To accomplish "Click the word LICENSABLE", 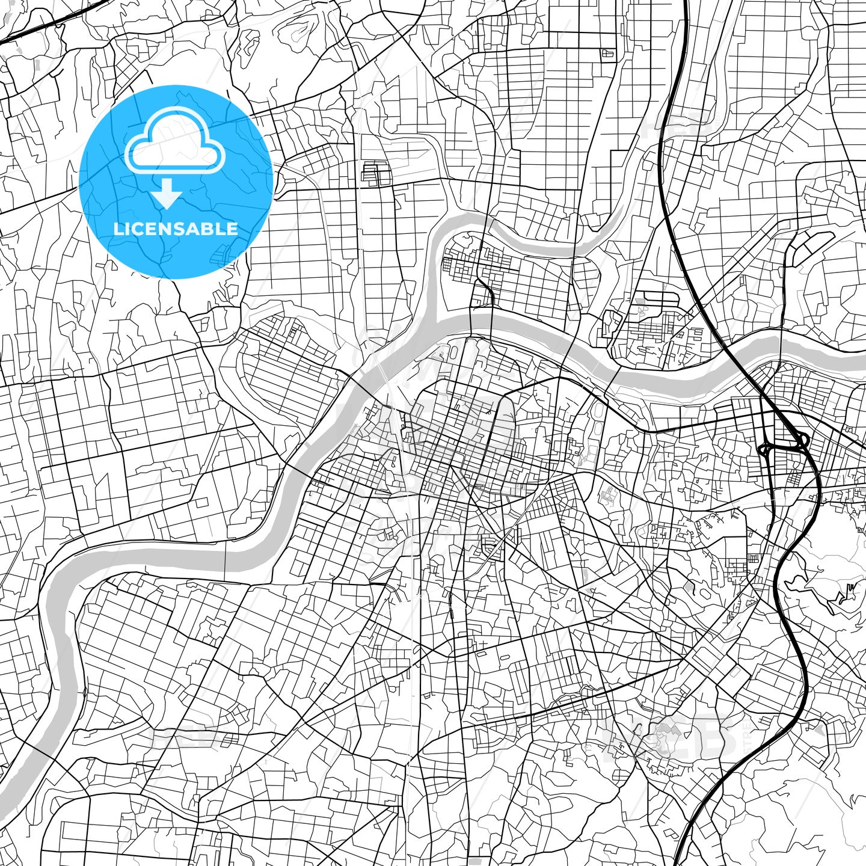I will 176,229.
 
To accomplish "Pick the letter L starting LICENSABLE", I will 117,229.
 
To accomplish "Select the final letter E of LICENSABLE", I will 232,229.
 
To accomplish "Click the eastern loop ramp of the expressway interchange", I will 802,442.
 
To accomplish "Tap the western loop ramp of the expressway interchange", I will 766,449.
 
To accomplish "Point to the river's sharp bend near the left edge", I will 57,577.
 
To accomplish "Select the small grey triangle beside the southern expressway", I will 818,729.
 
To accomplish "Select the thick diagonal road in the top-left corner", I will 36,27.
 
